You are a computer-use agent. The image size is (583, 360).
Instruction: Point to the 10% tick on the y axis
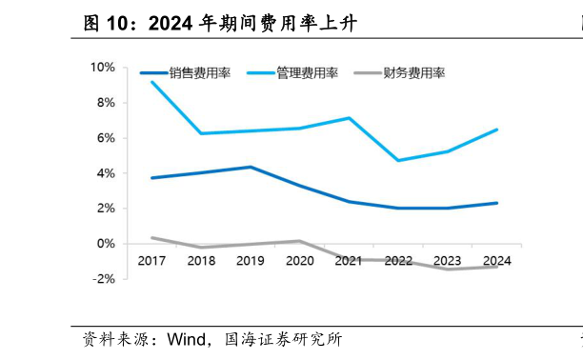point(102,67)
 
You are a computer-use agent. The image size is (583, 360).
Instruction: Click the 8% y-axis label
point(105,102)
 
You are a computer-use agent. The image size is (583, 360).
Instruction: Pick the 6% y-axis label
point(105,137)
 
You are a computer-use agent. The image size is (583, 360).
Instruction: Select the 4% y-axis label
point(105,172)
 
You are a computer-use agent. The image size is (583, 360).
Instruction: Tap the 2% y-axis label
point(105,208)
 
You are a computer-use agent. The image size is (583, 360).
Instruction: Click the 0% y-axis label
point(105,243)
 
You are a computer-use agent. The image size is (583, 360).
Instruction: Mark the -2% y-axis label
point(103,278)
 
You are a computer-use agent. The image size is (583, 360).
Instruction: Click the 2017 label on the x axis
point(151,261)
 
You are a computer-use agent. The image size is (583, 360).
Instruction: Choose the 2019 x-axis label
point(251,261)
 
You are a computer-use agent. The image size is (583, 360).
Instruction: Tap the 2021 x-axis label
point(350,261)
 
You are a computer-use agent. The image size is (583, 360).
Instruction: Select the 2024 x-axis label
point(497,261)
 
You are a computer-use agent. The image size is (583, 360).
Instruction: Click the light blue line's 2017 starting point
point(151,82)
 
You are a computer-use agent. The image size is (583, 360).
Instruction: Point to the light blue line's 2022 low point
point(398,160)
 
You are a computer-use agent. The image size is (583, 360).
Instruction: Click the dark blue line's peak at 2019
point(251,167)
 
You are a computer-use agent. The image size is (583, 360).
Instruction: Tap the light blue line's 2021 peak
point(350,118)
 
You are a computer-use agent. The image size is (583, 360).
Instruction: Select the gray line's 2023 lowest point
point(448,270)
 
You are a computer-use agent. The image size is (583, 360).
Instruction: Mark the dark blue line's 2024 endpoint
point(497,203)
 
